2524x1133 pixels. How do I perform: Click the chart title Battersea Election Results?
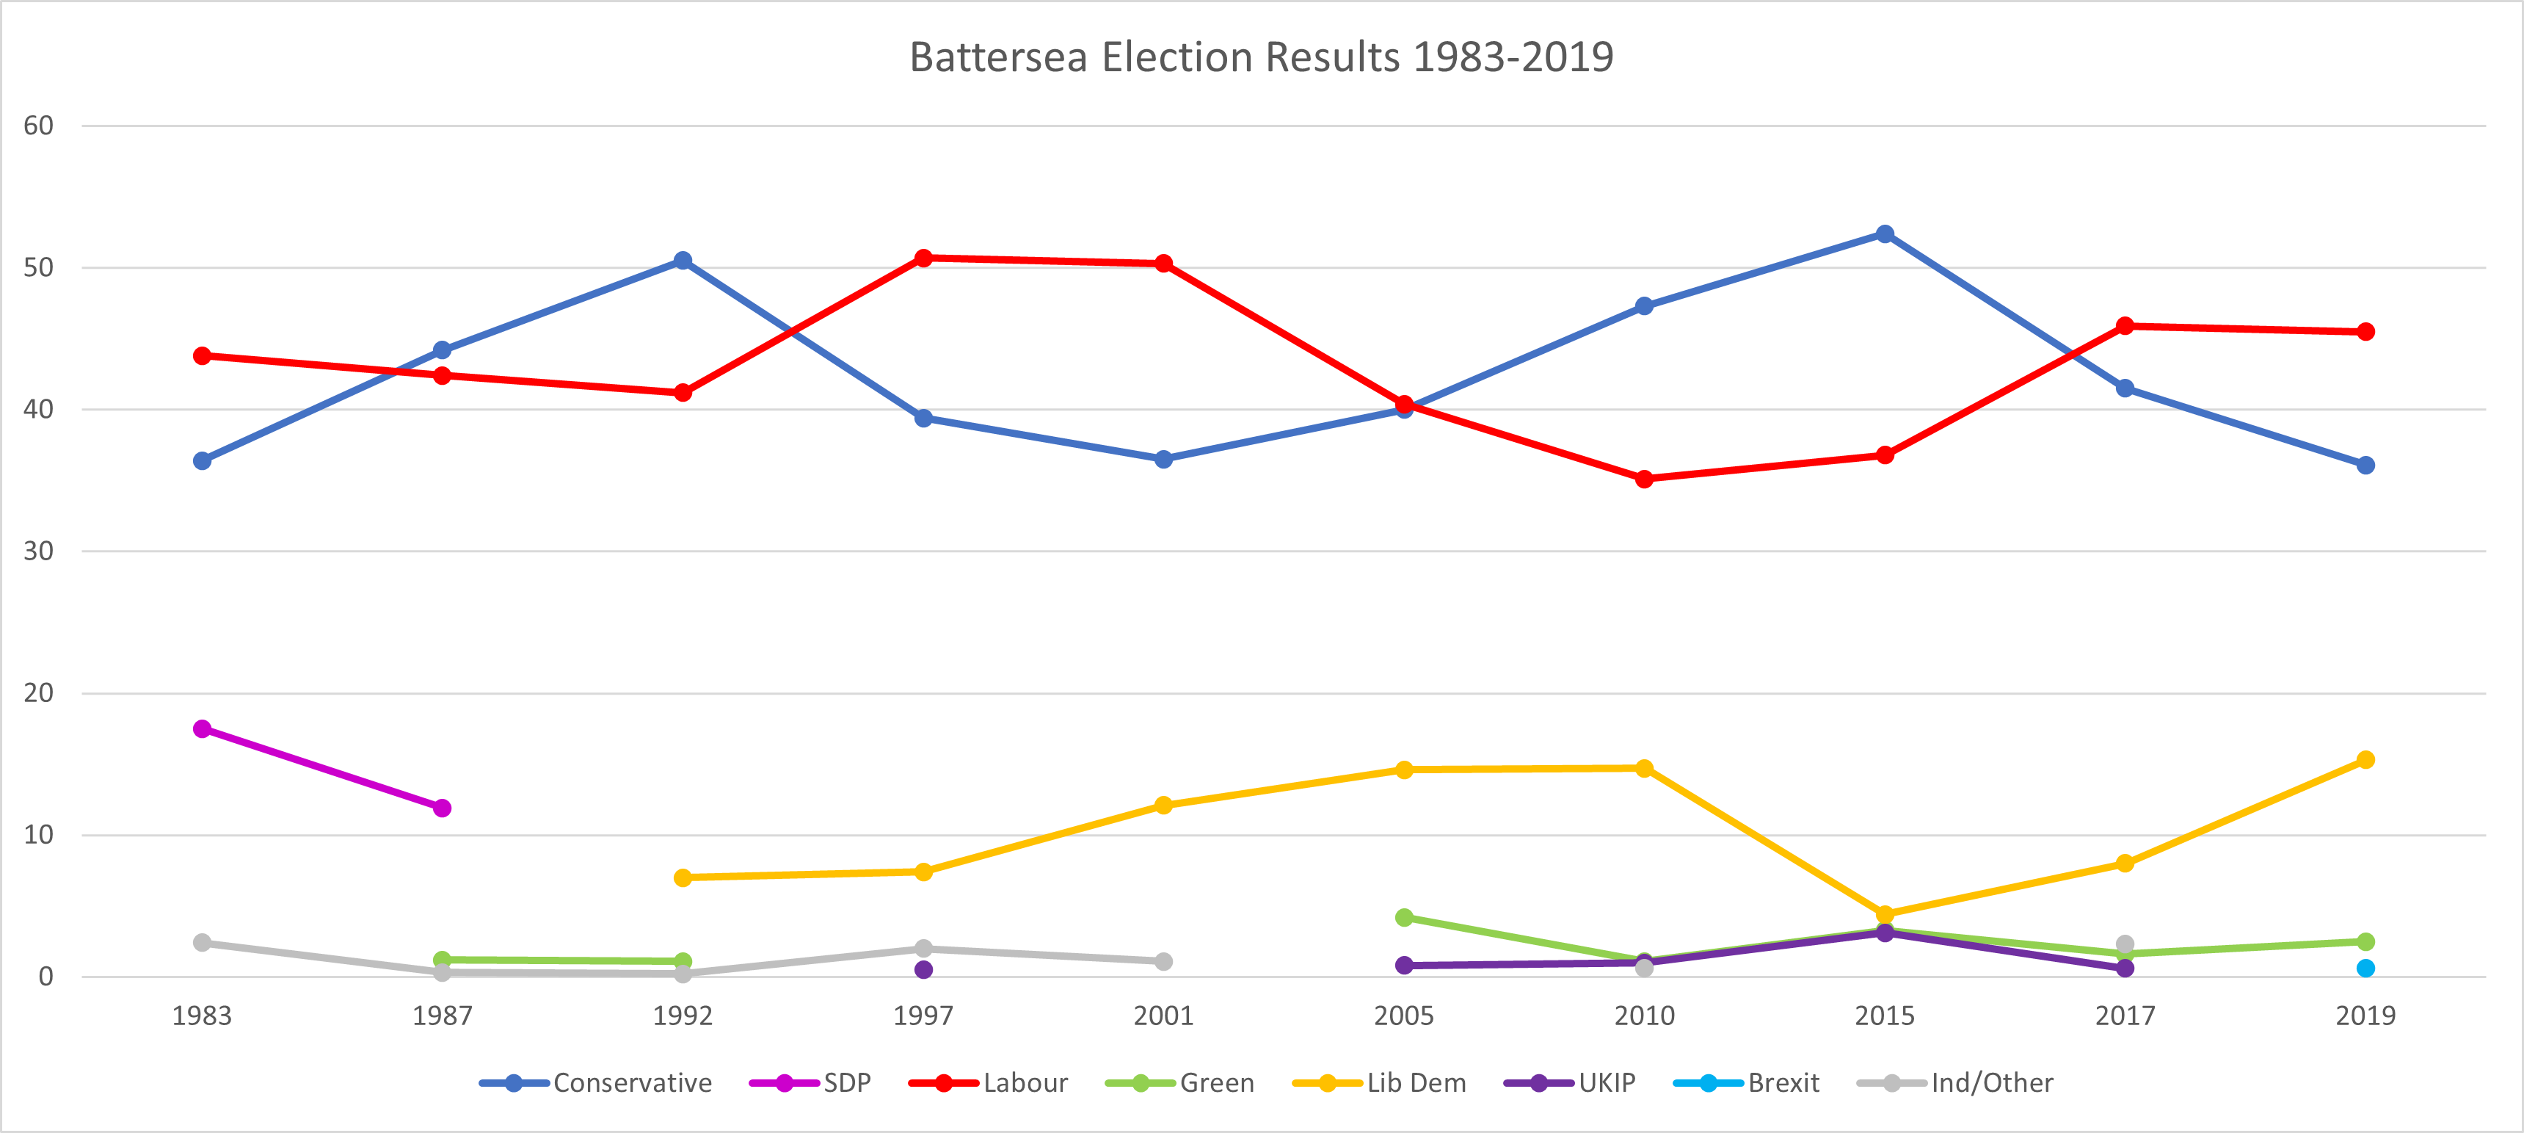tap(1261, 57)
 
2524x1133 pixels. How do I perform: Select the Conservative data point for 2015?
tap(1884, 234)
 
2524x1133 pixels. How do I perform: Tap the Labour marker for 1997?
tap(923, 258)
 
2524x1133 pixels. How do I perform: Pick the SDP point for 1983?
tap(202, 729)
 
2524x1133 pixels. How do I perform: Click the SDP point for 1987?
tap(442, 808)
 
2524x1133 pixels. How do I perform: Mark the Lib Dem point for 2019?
tap(2365, 759)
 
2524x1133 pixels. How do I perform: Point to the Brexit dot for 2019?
tap(2365, 969)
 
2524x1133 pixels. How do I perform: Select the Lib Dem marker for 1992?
tap(683, 877)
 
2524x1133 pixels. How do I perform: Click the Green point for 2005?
tap(1404, 917)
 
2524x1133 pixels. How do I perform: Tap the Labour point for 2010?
tap(1644, 479)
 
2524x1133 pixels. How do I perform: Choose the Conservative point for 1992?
tap(683, 261)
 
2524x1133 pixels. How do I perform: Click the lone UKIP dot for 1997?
tap(923, 969)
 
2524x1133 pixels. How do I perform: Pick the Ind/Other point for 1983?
tap(202, 943)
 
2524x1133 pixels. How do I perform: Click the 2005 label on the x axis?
tap(1403, 1016)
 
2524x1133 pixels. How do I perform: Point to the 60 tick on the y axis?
tap(38, 126)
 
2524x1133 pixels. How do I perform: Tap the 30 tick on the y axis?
tap(38, 551)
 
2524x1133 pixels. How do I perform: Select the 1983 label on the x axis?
tap(202, 1016)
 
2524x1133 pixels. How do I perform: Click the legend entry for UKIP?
tap(1570, 1083)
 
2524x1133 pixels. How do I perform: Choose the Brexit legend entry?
tap(1746, 1083)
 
